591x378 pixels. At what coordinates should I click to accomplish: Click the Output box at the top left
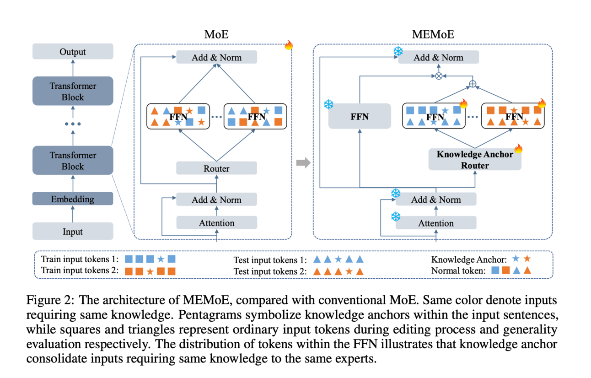click(x=73, y=52)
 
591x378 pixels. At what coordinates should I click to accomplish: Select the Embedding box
click(x=73, y=199)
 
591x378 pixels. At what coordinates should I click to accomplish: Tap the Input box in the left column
click(x=73, y=232)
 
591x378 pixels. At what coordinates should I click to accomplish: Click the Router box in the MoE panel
click(x=216, y=168)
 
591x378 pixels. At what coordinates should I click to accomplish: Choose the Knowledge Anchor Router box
click(x=475, y=160)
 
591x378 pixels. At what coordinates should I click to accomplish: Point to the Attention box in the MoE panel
click(x=216, y=223)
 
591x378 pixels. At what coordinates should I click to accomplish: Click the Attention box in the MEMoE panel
click(x=435, y=223)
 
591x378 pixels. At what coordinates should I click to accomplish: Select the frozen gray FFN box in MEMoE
click(x=360, y=116)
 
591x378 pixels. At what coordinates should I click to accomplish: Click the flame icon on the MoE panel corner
click(x=289, y=45)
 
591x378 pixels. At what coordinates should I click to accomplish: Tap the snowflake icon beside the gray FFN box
click(x=328, y=104)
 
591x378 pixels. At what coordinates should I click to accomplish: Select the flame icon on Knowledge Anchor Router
click(x=518, y=149)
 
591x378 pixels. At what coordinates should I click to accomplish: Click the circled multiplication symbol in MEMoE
click(x=438, y=76)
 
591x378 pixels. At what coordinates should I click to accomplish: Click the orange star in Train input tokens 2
click(x=150, y=271)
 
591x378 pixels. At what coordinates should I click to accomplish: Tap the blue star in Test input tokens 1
click(x=338, y=259)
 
